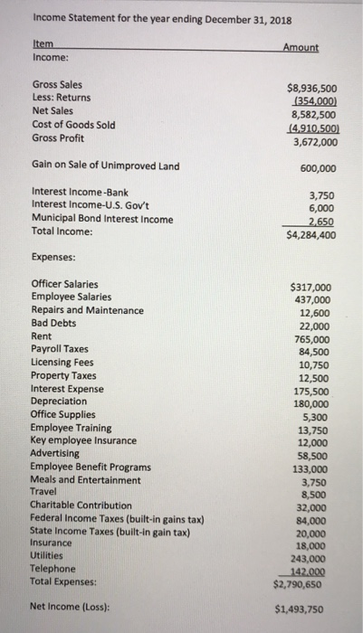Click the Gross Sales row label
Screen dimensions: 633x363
click(x=56, y=84)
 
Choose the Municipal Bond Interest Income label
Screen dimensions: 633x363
click(x=102, y=218)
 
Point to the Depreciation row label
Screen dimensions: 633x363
click(x=59, y=401)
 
